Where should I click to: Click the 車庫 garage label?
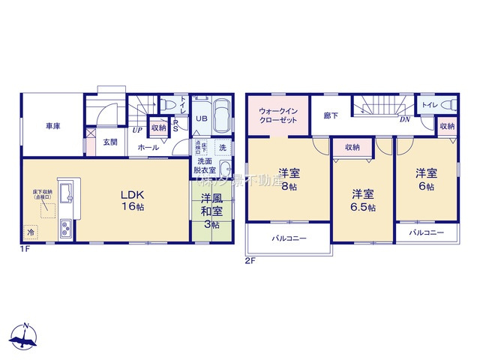52,126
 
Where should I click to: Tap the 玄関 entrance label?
109,142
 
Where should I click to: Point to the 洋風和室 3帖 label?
210,211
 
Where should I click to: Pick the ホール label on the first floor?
147,148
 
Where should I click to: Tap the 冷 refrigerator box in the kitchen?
31,231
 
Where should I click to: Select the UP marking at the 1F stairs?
137,130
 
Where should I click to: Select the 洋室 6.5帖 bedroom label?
362,200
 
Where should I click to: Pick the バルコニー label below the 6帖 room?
426,233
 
